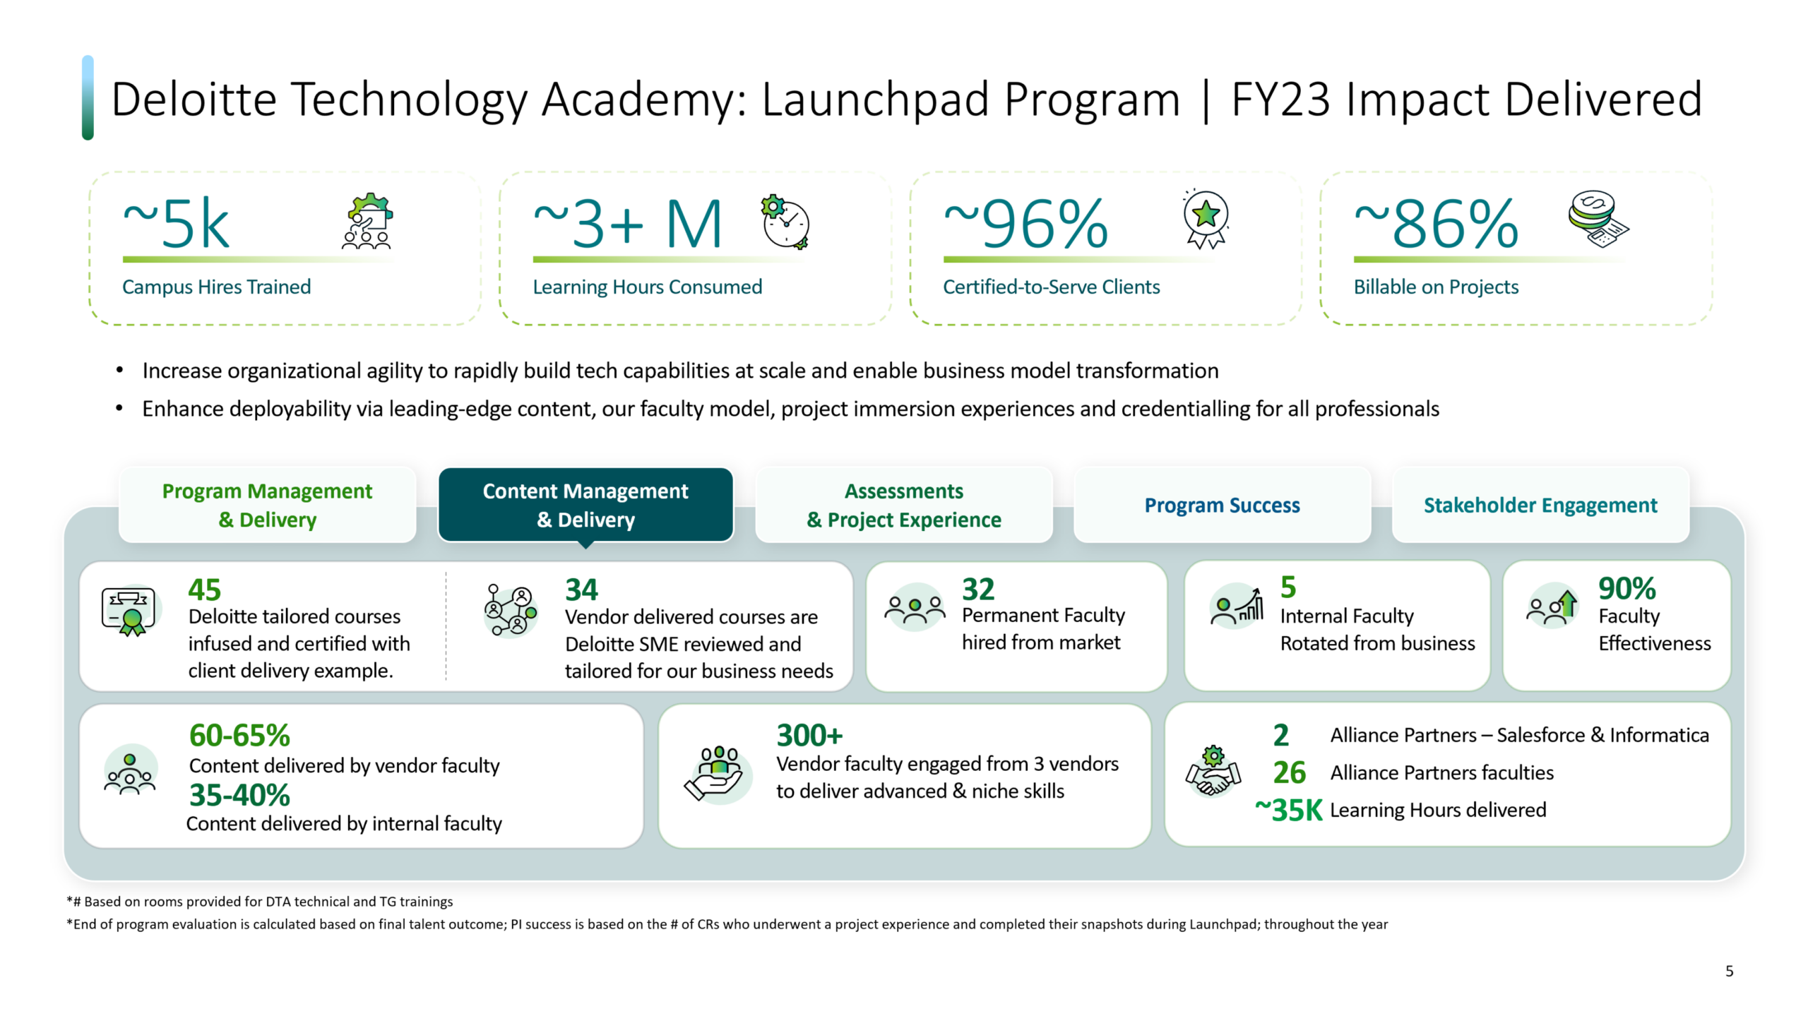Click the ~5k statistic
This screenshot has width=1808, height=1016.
[x=177, y=224]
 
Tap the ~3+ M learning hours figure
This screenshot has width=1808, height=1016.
[x=628, y=224]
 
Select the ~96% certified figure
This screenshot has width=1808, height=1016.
[x=1025, y=224]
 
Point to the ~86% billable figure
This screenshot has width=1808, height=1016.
[x=1436, y=224]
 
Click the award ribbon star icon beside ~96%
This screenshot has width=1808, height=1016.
[x=1206, y=218]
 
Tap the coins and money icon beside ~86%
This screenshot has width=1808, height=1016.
[x=1598, y=218]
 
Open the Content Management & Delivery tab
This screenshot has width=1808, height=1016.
[x=585, y=505]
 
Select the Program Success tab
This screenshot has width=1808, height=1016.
[x=1222, y=505]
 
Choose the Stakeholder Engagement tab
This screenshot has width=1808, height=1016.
[x=1540, y=505]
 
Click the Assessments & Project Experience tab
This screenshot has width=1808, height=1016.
[x=904, y=505]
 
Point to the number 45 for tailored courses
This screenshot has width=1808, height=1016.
[x=204, y=590]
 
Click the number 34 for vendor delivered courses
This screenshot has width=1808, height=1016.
[x=581, y=590]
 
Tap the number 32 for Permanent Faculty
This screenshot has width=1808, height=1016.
[x=978, y=589]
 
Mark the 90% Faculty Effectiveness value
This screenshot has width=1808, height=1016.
[x=1626, y=588]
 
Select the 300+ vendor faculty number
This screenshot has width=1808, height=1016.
[x=809, y=735]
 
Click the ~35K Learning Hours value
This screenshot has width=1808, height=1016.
[x=1288, y=810]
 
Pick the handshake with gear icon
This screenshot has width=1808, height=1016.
[x=1213, y=771]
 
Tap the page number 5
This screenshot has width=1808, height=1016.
[x=1729, y=971]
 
